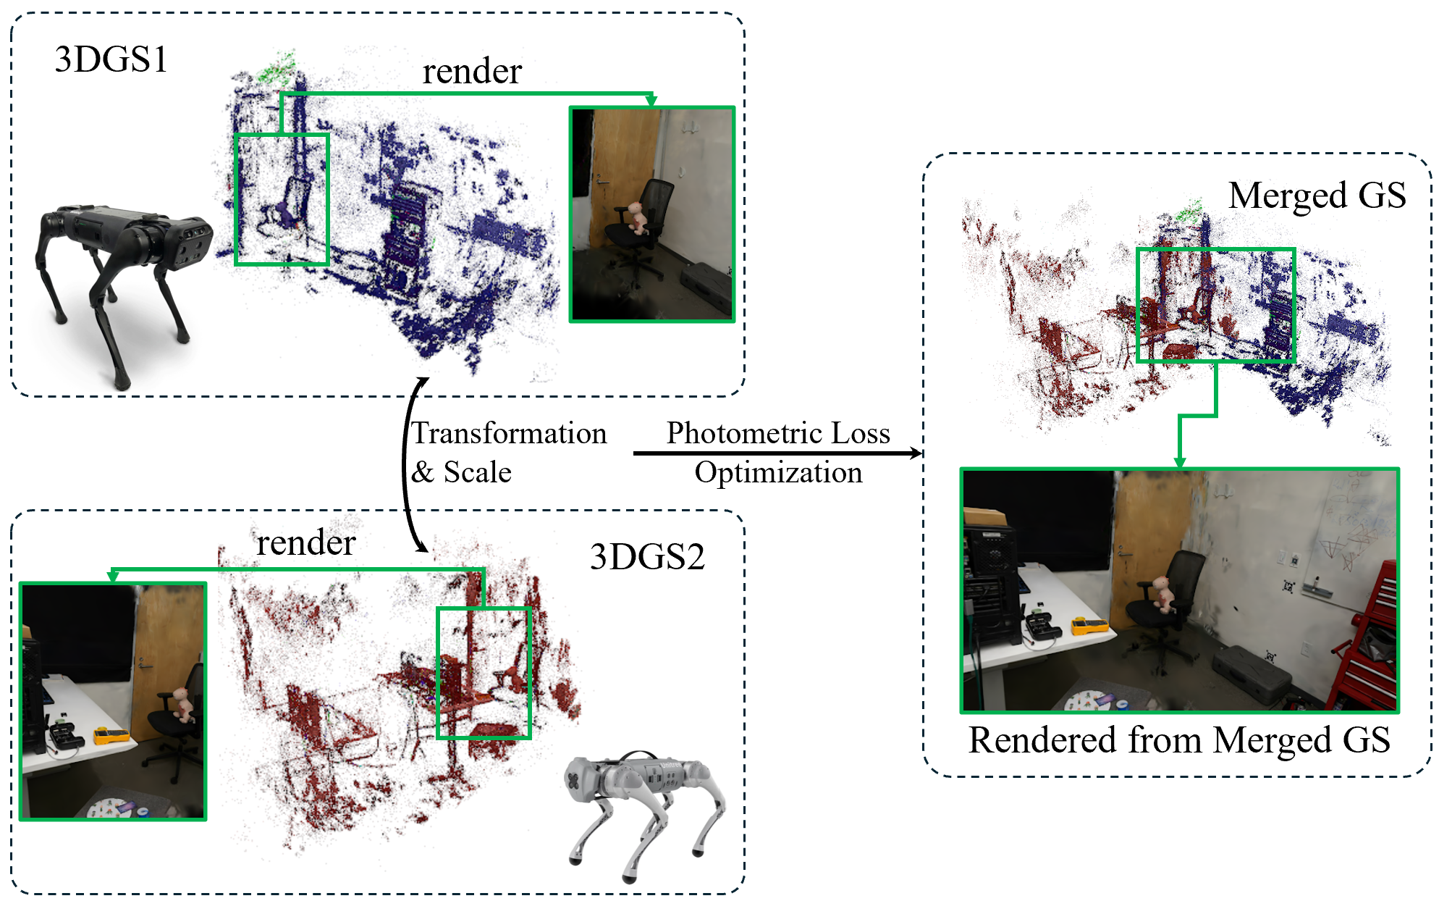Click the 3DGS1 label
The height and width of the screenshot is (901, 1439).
111,59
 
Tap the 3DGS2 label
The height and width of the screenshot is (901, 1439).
647,557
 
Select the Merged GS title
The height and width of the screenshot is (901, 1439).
1317,196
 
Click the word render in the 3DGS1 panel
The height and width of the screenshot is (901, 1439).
472,71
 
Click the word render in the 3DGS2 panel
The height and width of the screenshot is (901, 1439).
305,542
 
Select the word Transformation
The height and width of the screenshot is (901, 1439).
509,433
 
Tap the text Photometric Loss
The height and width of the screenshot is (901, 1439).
778,433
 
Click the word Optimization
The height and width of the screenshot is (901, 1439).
778,472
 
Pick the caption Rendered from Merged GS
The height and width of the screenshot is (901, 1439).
1179,740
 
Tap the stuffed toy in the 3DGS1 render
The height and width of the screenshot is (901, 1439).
637,217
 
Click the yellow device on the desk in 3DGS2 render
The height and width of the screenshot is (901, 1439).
111,736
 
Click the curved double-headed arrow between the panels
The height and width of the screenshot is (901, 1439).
409,464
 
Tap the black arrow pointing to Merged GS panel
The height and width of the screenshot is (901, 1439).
778,453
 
